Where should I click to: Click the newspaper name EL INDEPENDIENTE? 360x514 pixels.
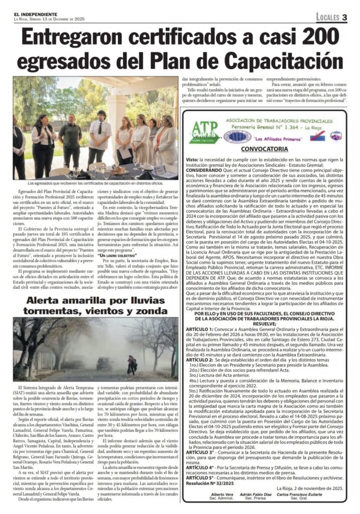tap(36, 14)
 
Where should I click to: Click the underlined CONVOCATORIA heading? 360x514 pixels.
tap(264, 149)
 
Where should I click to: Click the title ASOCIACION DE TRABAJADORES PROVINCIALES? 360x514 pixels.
tap(276, 121)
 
